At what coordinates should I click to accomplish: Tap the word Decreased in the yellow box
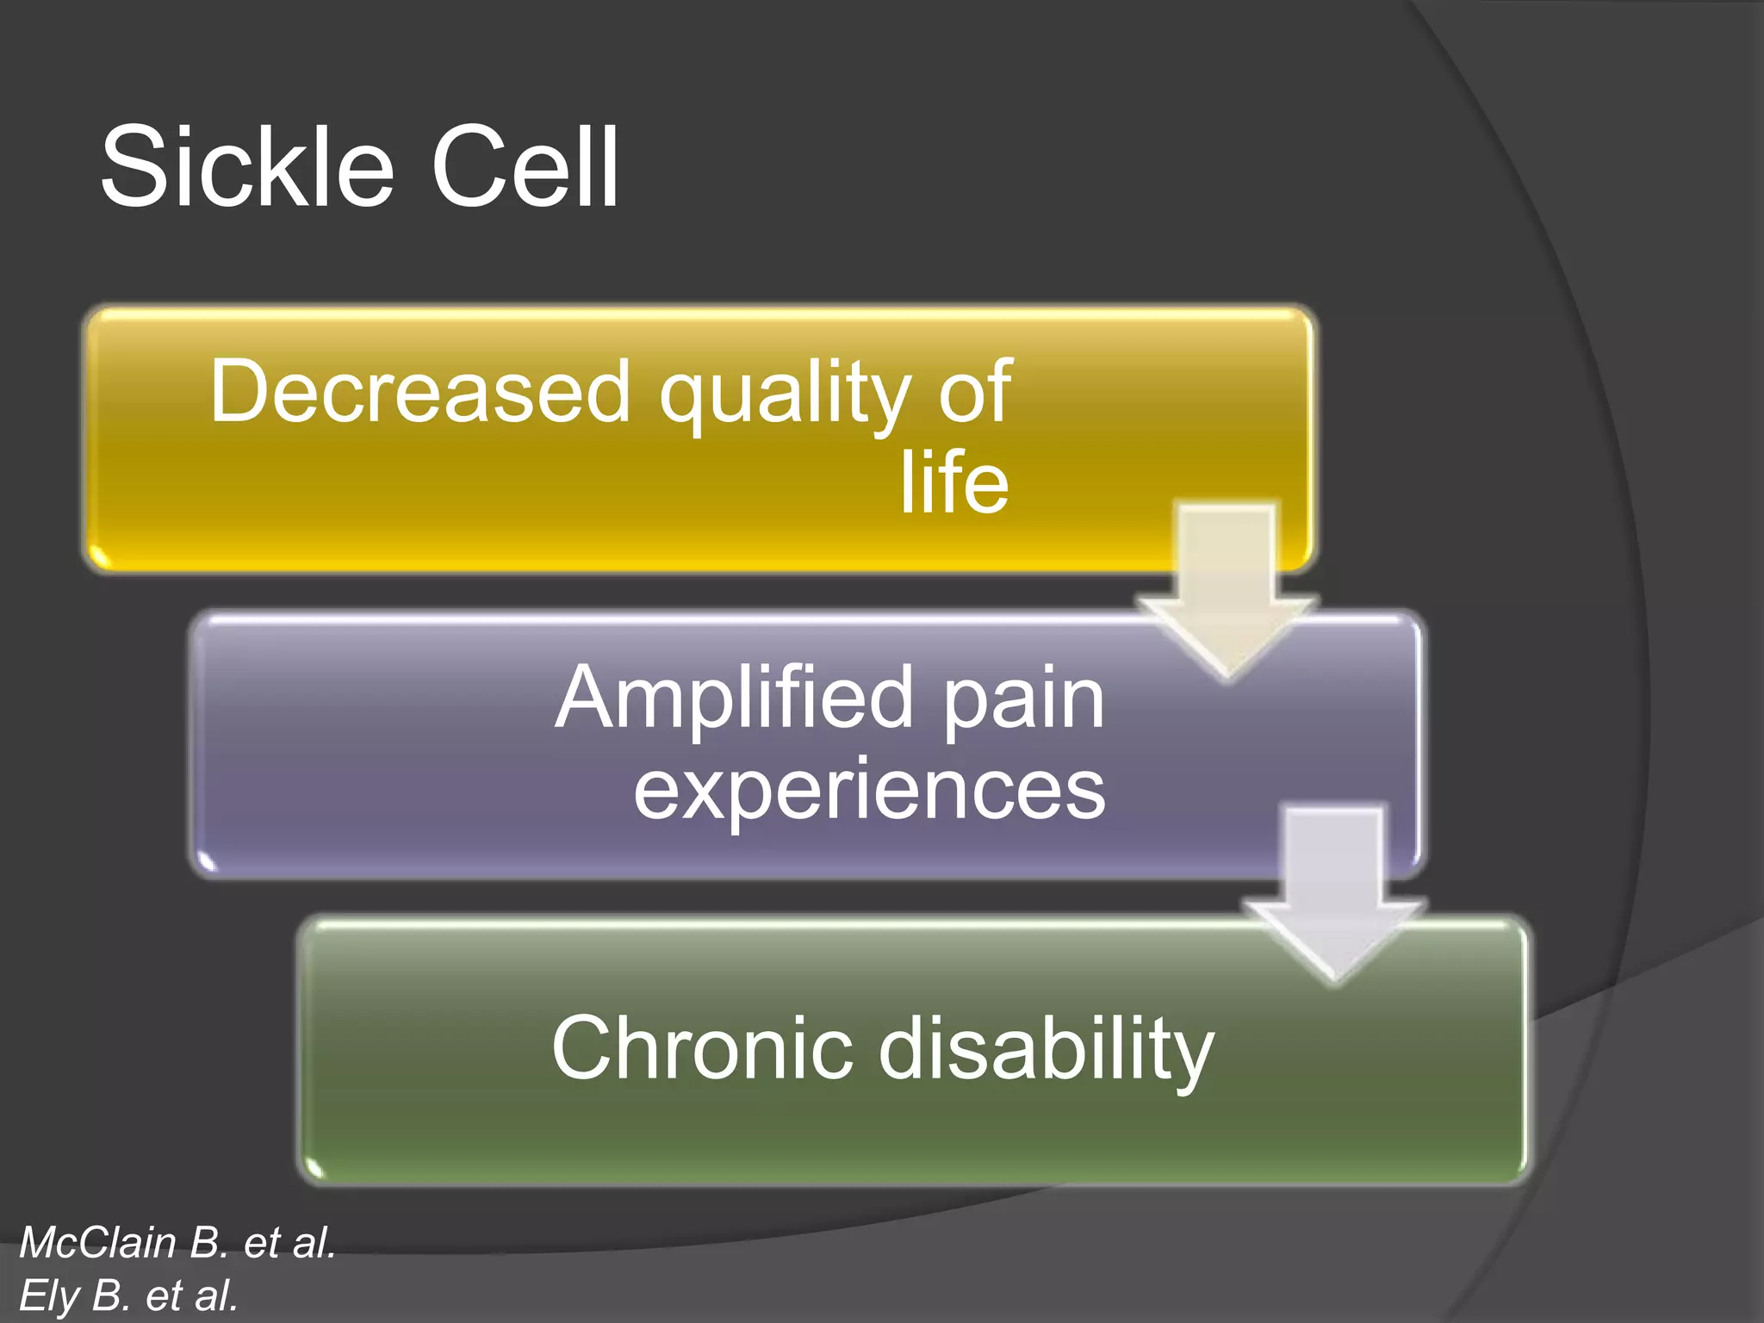[420, 392]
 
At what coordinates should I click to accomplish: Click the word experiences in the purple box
[869, 790]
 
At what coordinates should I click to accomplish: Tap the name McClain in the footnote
[97, 1243]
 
